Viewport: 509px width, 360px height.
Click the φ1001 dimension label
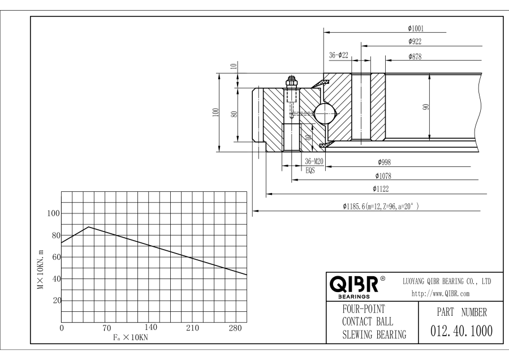416,28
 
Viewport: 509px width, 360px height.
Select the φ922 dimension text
416,41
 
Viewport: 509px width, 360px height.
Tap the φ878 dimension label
416,56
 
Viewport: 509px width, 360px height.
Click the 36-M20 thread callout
313,161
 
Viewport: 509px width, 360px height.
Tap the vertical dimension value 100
215,112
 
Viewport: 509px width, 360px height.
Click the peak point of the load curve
89,227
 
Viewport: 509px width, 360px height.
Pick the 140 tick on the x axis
151,328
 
